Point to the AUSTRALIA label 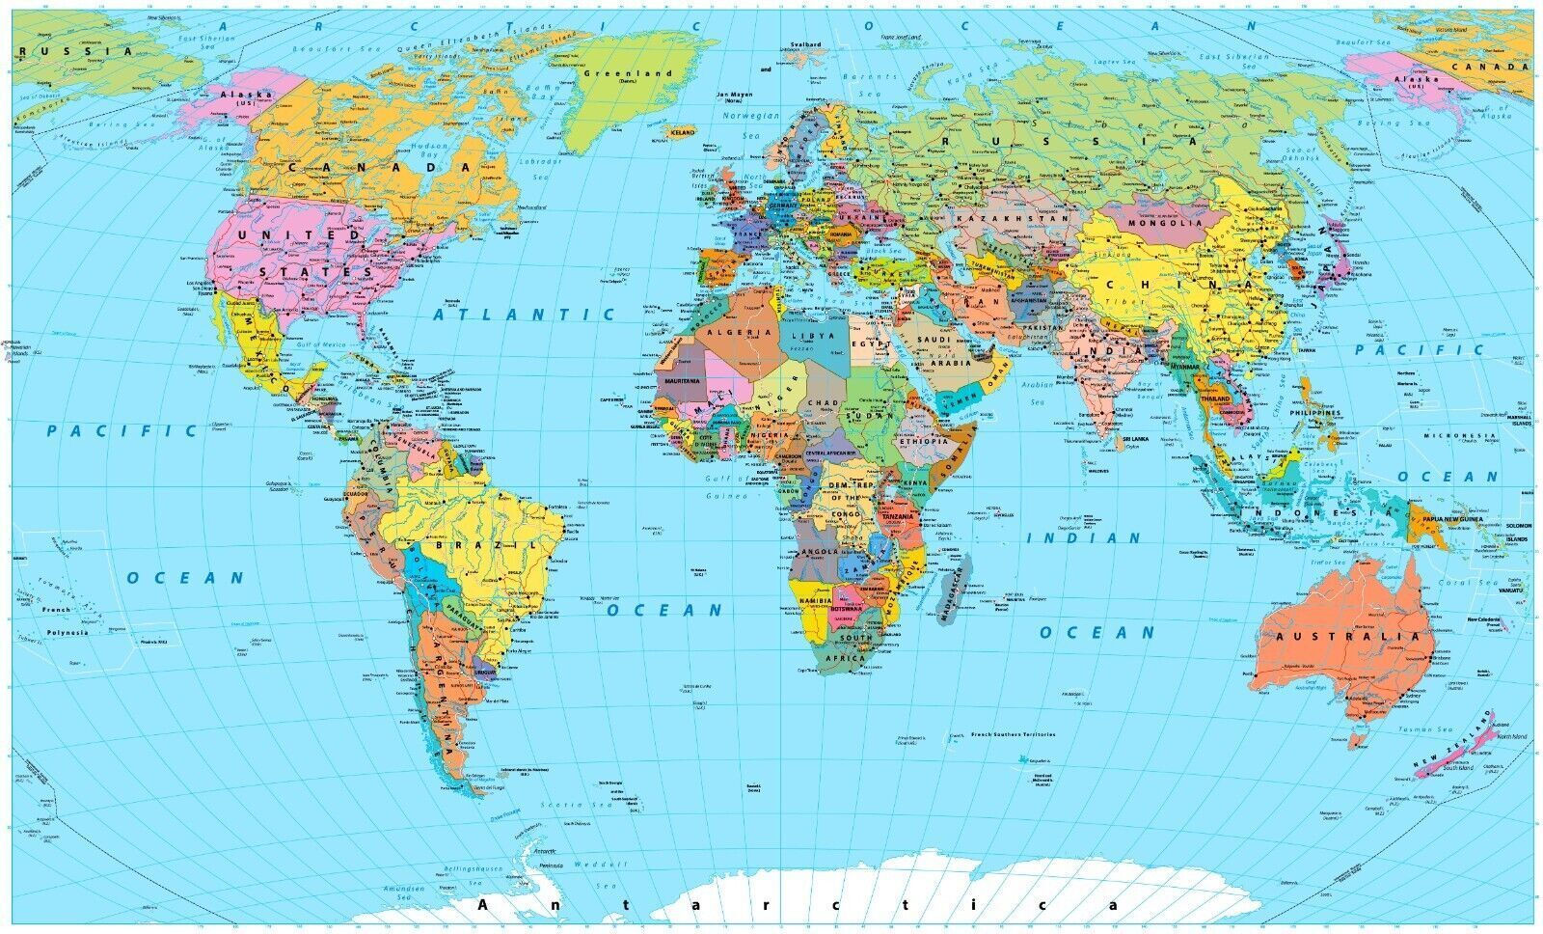[x=1348, y=637]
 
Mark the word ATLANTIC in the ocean [x=524, y=315]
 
